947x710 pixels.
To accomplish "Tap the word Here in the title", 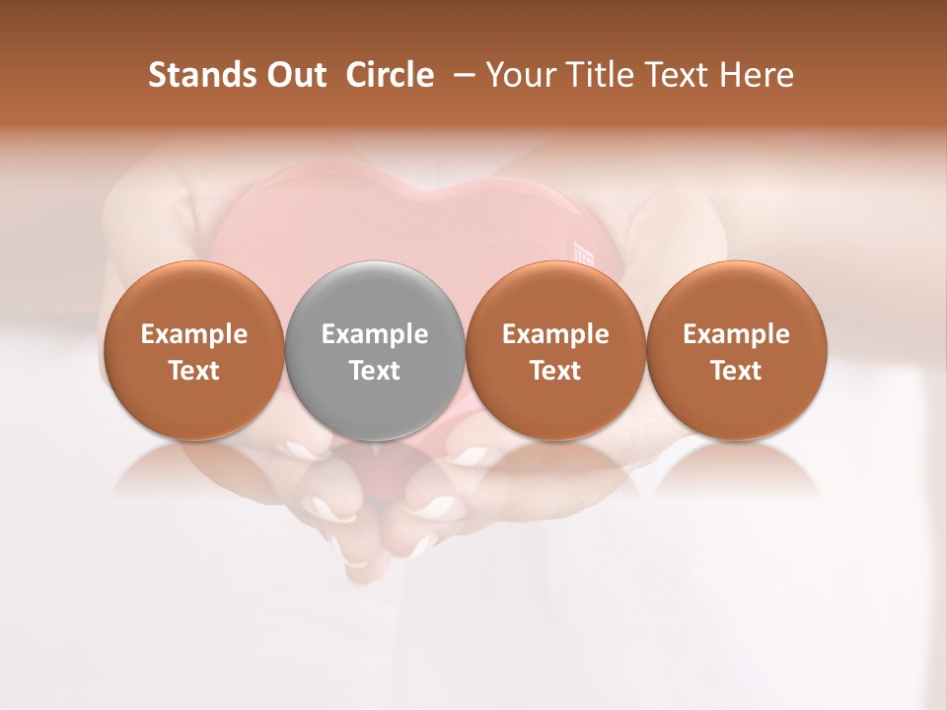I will click(x=756, y=75).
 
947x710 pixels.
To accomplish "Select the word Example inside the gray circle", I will click(x=375, y=334).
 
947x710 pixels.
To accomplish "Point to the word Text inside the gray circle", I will click(x=375, y=371).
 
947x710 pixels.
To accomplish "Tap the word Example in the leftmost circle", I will click(x=194, y=334).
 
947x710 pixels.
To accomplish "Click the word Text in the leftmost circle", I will click(x=194, y=371).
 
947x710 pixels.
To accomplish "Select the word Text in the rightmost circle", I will click(x=736, y=371).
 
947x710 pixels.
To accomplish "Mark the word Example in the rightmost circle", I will click(x=736, y=334).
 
